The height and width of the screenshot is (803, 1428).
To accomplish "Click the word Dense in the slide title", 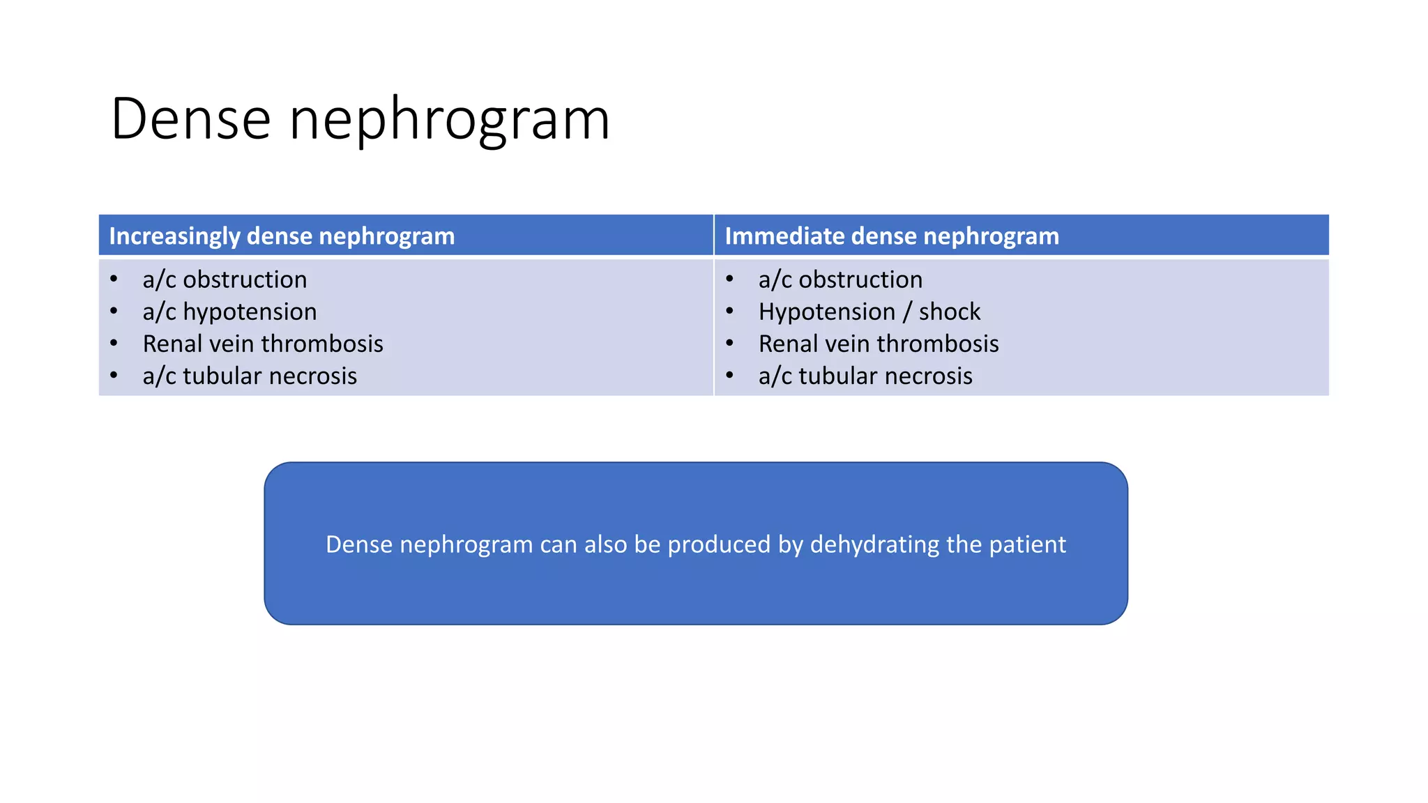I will (x=190, y=119).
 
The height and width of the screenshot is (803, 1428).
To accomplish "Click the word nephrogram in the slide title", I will (x=450, y=119).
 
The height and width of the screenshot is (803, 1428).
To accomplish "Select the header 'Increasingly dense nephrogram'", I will (x=282, y=236).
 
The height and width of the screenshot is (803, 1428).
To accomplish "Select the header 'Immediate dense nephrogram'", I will (x=892, y=236).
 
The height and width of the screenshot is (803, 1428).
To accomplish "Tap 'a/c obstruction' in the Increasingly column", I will (x=225, y=280).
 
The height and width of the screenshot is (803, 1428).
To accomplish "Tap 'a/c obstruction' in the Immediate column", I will (x=840, y=280).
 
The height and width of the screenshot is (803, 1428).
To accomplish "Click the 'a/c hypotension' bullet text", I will (x=229, y=312).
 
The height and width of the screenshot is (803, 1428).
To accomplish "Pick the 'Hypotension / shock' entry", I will (x=869, y=312).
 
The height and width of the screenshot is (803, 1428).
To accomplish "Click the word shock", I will (x=949, y=312).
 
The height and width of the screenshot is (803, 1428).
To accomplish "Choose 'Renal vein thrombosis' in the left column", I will (x=263, y=344).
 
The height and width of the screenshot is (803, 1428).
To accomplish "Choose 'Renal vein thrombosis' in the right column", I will (x=879, y=344).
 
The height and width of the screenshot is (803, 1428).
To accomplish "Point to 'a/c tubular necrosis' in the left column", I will (x=250, y=376).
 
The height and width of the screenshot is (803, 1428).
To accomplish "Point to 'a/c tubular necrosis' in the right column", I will (x=865, y=376).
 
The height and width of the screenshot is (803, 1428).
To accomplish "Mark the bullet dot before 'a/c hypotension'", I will (x=114, y=311).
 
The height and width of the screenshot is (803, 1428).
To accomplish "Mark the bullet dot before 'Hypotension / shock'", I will (x=729, y=311).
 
